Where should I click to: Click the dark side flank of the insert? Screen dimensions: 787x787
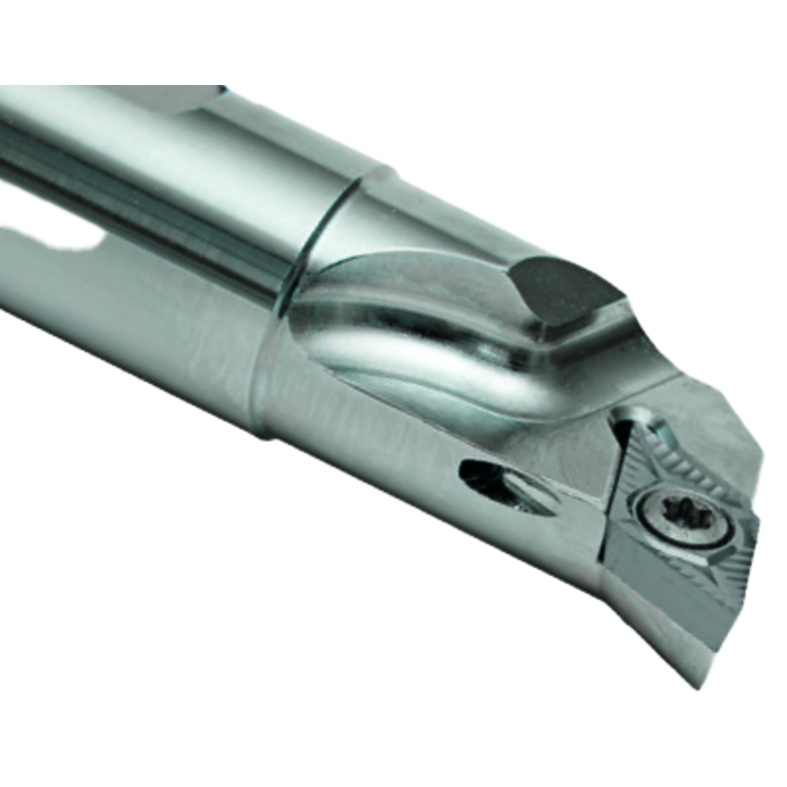(x=669, y=598)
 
